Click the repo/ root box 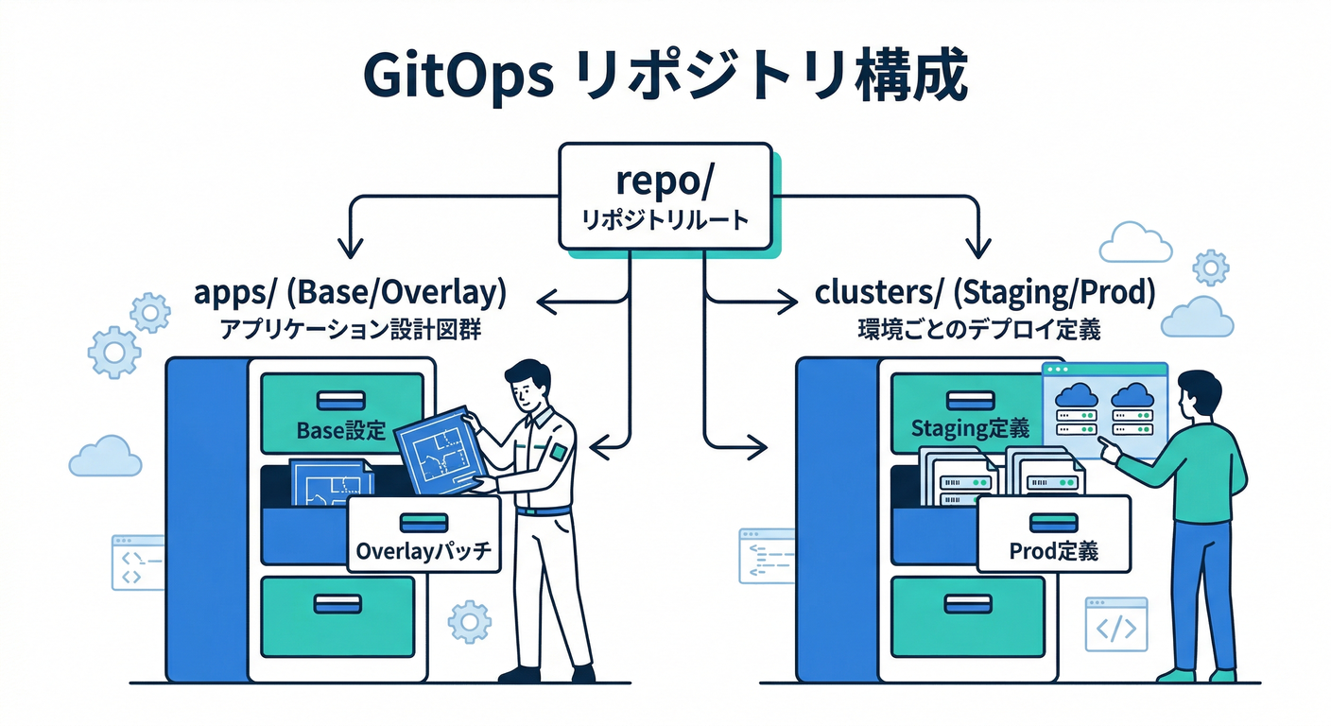point(665,196)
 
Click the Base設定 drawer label point(341,430)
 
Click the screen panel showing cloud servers point(1104,409)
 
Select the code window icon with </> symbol point(1115,625)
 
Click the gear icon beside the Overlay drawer point(469,622)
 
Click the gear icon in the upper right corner point(1211,268)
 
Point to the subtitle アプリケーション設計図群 point(350,332)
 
